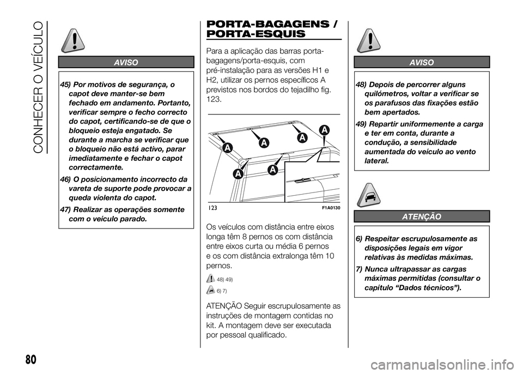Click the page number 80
click(x=16, y=358)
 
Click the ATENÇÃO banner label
click(x=421, y=217)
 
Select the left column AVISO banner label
click(x=126, y=62)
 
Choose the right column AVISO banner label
click(x=421, y=63)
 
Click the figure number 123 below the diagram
click(x=213, y=208)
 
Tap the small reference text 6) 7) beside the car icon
click(x=222, y=290)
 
